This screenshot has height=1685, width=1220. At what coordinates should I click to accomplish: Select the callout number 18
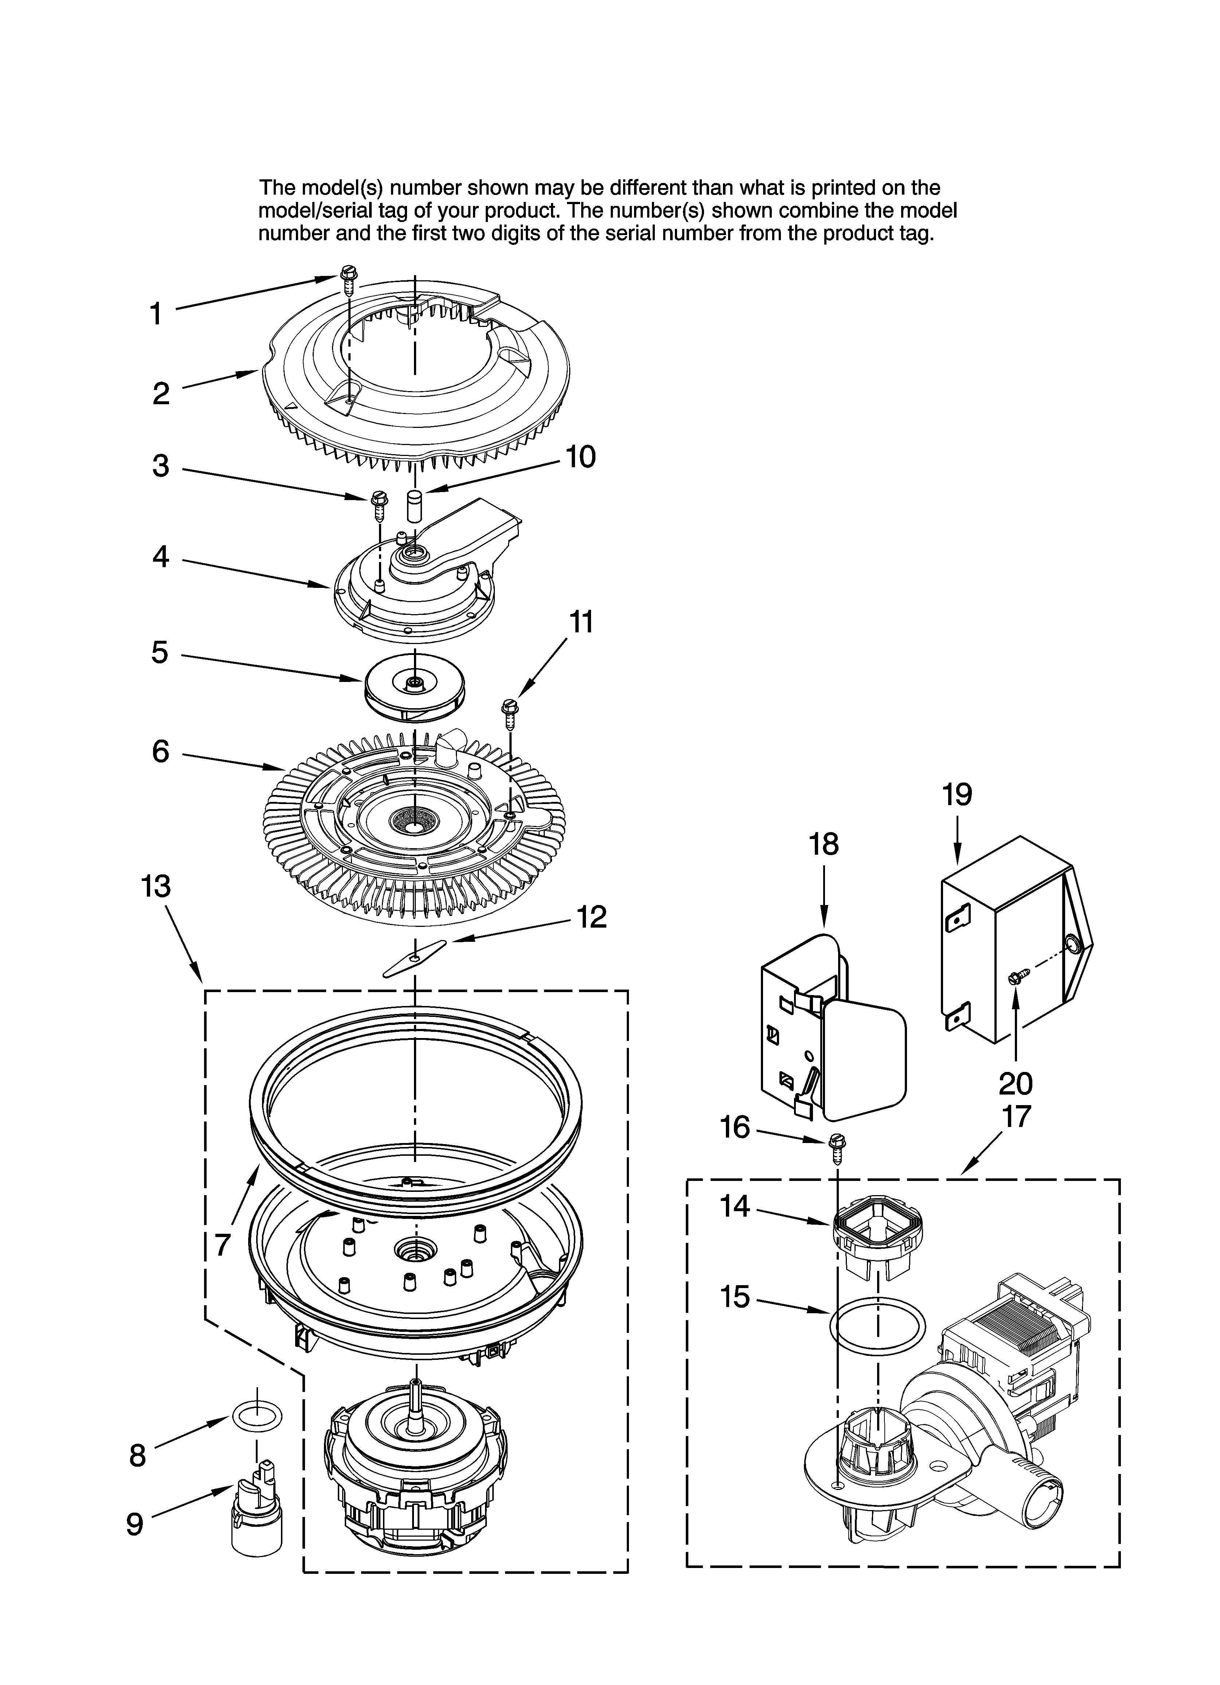(824, 845)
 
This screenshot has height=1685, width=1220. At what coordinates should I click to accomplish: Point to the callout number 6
(160, 752)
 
